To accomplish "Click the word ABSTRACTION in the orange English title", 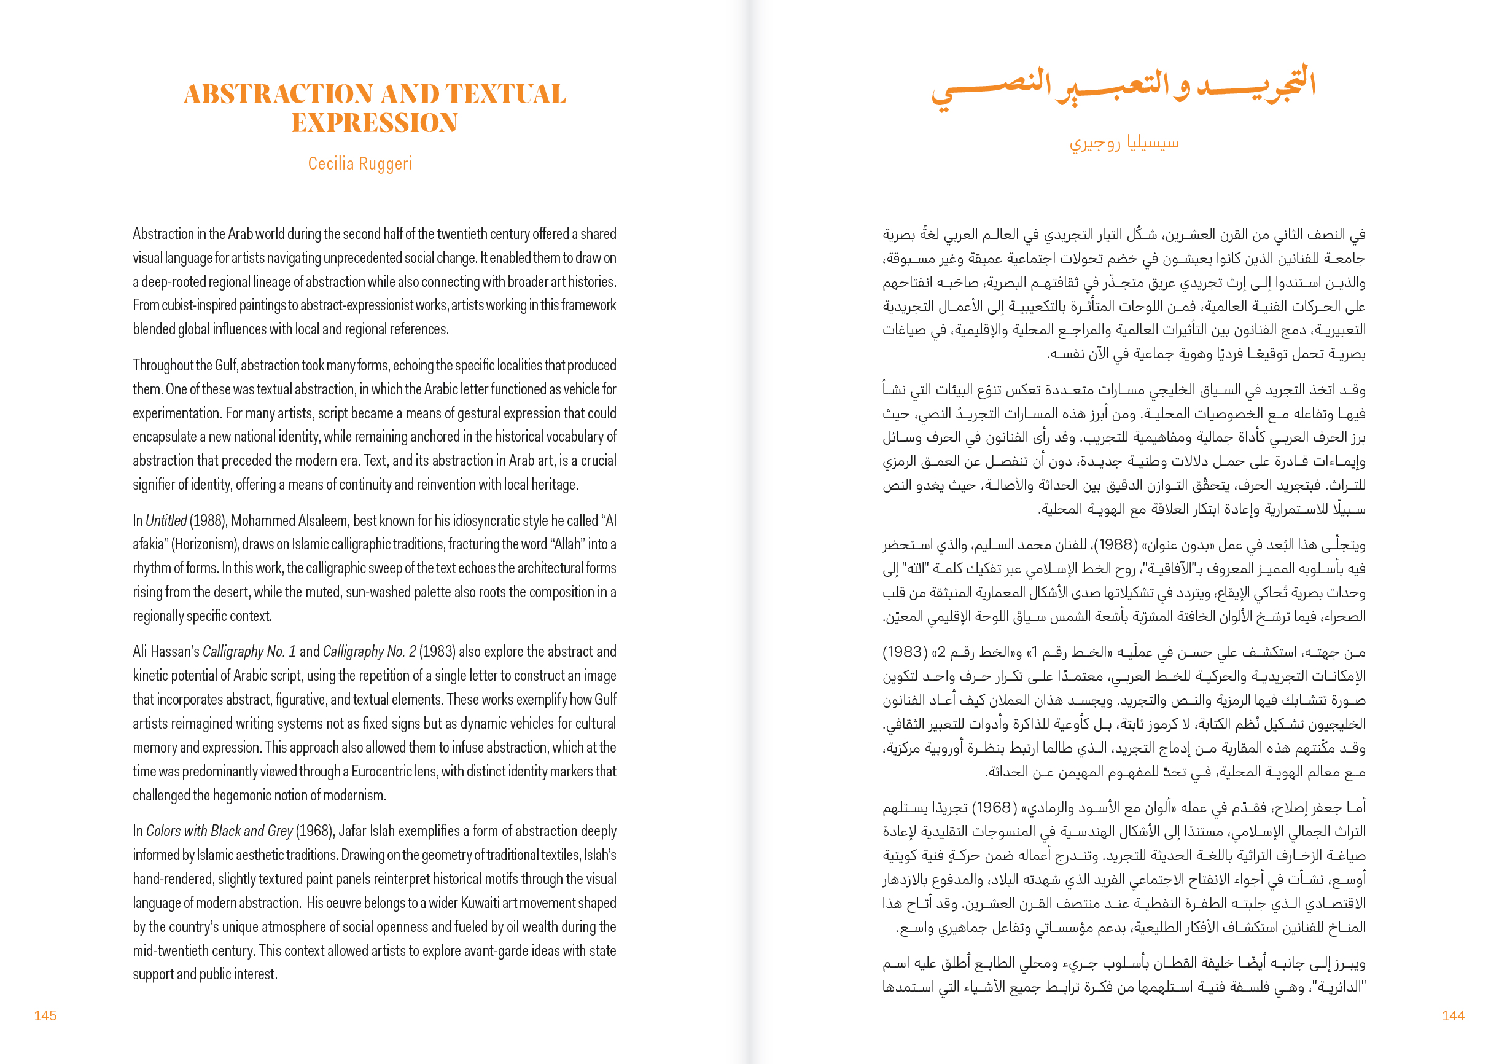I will [x=279, y=95].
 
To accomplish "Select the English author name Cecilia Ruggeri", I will [x=360, y=164].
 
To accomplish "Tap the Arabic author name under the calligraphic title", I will [x=1124, y=143].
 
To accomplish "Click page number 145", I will [x=45, y=1015].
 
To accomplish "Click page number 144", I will [x=1452, y=1015].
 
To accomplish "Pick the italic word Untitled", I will [x=166, y=521].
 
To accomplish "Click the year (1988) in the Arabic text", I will [x=1115, y=544].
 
